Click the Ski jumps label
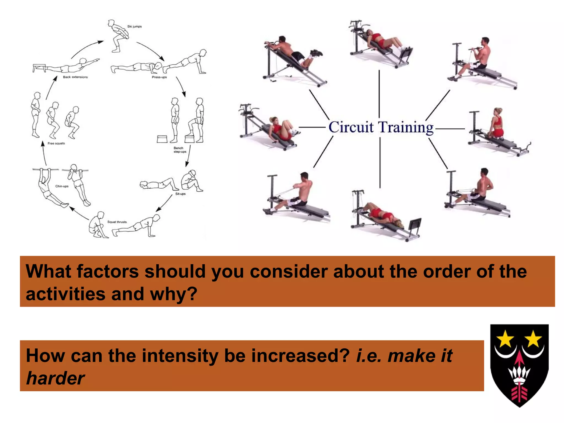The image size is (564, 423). [134, 27]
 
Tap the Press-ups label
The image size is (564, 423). [159, 77]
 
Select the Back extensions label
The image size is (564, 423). [75, 77]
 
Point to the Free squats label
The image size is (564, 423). [56, 143]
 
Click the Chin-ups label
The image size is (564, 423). [62, 186]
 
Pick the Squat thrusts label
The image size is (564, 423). [117, 222]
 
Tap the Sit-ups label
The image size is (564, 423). [180, 194]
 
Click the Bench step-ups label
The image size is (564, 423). [180, 150]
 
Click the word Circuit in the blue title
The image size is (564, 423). [351, 128]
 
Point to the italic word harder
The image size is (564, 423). [55, 378]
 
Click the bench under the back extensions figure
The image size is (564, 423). [39, 67]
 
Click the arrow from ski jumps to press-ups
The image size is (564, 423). [151, 51]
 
